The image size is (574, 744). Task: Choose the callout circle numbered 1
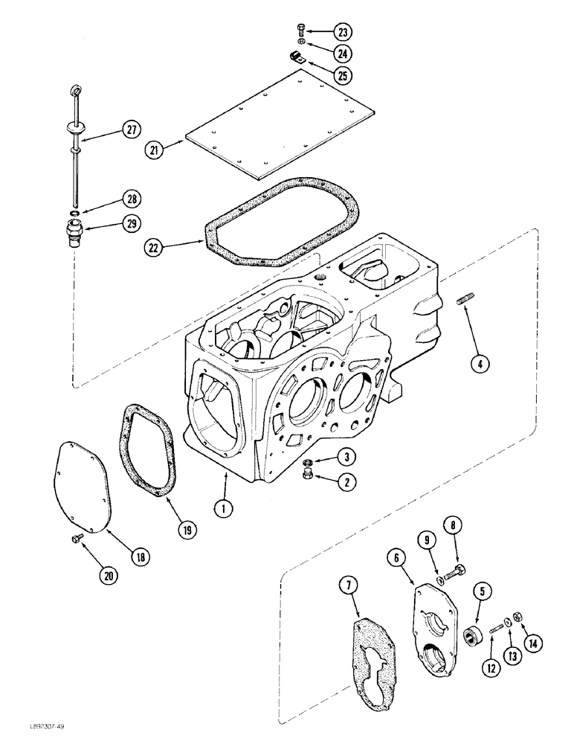pyautogui.click(x=222, y=509)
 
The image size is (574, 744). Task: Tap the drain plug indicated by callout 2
pyautogui.click(x=306, y=475)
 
